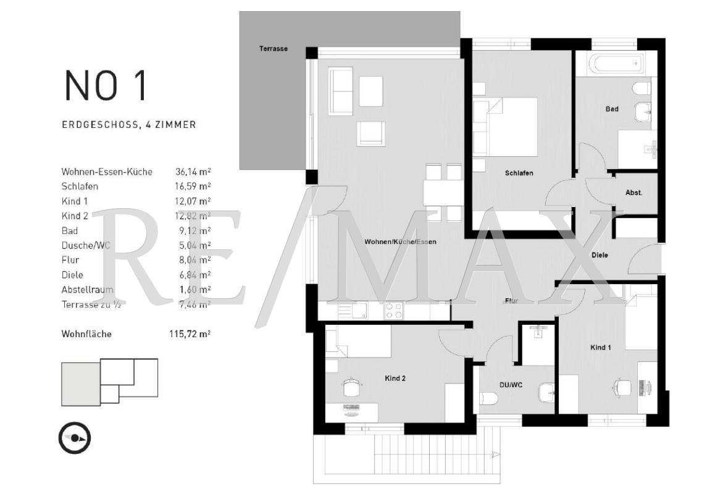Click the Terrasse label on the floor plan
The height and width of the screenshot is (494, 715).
(x=273, y=48)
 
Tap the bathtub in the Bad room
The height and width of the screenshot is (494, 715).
(x=615, y=63)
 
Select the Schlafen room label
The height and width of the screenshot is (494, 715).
(x=519, y=173)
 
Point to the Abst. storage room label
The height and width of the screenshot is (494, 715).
(x=634, y=193)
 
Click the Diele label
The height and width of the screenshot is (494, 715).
(x=600, y=255)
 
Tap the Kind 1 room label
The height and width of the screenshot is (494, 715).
(x=601, y=347)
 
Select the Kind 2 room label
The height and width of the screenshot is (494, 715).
(x=395, y=378)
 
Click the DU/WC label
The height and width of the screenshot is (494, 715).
(x=511, y=385)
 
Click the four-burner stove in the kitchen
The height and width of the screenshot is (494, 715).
(x=393, y=311)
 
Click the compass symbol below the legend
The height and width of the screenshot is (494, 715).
(x=74, y=438)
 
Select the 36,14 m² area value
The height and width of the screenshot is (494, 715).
(x=193, y=172)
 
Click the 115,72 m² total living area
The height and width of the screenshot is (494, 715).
(x=190, y=333)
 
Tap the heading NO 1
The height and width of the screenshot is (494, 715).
(x=106, y=85)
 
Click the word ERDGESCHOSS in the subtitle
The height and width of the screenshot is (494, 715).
(x=100, y=125)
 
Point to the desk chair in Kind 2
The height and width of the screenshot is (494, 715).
(x=351, y=387)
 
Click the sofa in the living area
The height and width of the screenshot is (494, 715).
(x=341, y=91)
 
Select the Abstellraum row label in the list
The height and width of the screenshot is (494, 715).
(x=87, y=289)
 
